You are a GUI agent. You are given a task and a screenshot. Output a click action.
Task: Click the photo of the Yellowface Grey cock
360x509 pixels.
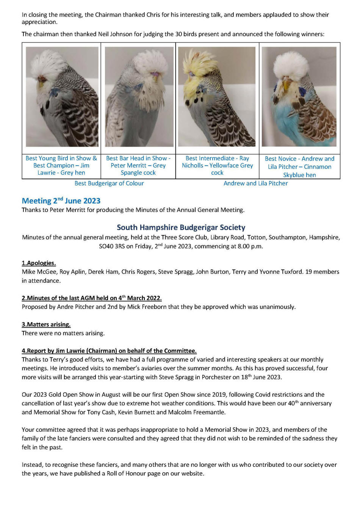point(217,97)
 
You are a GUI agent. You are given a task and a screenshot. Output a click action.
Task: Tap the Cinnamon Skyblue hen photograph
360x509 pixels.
point(299,97)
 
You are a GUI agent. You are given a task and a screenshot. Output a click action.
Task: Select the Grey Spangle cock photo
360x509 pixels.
point(139,97)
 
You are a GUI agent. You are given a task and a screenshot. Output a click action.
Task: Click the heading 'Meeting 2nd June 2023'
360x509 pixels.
point(61,201)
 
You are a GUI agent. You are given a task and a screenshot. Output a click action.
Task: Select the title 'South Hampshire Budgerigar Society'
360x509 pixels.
point(181,227)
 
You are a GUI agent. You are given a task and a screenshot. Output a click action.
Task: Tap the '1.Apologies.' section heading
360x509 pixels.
point(39,263)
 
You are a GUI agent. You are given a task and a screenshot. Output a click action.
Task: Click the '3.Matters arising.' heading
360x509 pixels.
point(46,324)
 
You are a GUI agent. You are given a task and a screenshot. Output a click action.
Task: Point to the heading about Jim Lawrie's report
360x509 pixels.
point(109,351)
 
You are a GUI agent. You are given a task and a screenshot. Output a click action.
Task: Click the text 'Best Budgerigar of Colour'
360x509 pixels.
point(109,183)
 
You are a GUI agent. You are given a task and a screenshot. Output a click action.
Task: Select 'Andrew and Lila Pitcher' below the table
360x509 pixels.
point(255,183)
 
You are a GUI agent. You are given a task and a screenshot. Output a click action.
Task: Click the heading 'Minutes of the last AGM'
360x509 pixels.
point(92,298)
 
